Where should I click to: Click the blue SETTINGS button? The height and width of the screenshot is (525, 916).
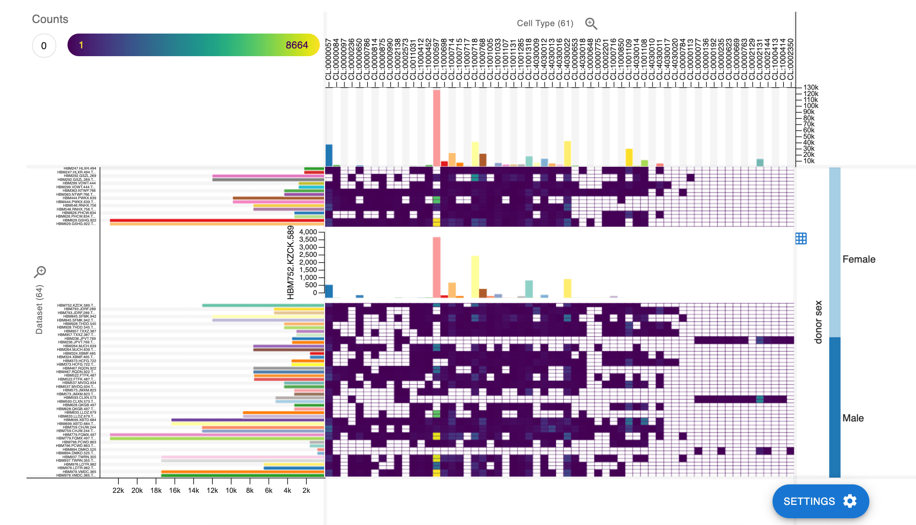tap(820, 501)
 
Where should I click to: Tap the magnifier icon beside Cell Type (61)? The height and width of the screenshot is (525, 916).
tap(591, 23)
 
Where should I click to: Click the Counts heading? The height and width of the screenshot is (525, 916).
tap(50, 19)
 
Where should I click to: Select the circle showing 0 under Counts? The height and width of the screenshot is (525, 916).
tap(44, 46)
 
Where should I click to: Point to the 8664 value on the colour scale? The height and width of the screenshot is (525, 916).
tap(296, 45)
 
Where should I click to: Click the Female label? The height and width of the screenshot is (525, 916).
tap(858, 259)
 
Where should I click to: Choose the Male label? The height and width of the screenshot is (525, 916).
tap(852, 418)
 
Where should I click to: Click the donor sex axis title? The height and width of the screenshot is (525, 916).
tap(818, 322)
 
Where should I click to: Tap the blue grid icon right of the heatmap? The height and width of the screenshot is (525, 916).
tap(800, 238)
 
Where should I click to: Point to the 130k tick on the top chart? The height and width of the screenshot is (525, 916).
tap(810, 87)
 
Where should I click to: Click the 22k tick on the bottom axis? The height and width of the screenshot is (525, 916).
tap(118, 490)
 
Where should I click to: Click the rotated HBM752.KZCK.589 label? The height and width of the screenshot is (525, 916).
tap(290, 262)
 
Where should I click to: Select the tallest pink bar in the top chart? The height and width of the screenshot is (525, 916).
tap(436, 128)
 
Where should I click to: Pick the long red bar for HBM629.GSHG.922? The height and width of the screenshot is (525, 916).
tap(216, 220)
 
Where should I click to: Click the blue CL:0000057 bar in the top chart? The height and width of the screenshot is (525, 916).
tap(329, 155)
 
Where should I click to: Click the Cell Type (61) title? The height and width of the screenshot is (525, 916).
tap(545, 23)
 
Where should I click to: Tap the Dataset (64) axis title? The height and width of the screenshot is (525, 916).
tap(39, 309)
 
